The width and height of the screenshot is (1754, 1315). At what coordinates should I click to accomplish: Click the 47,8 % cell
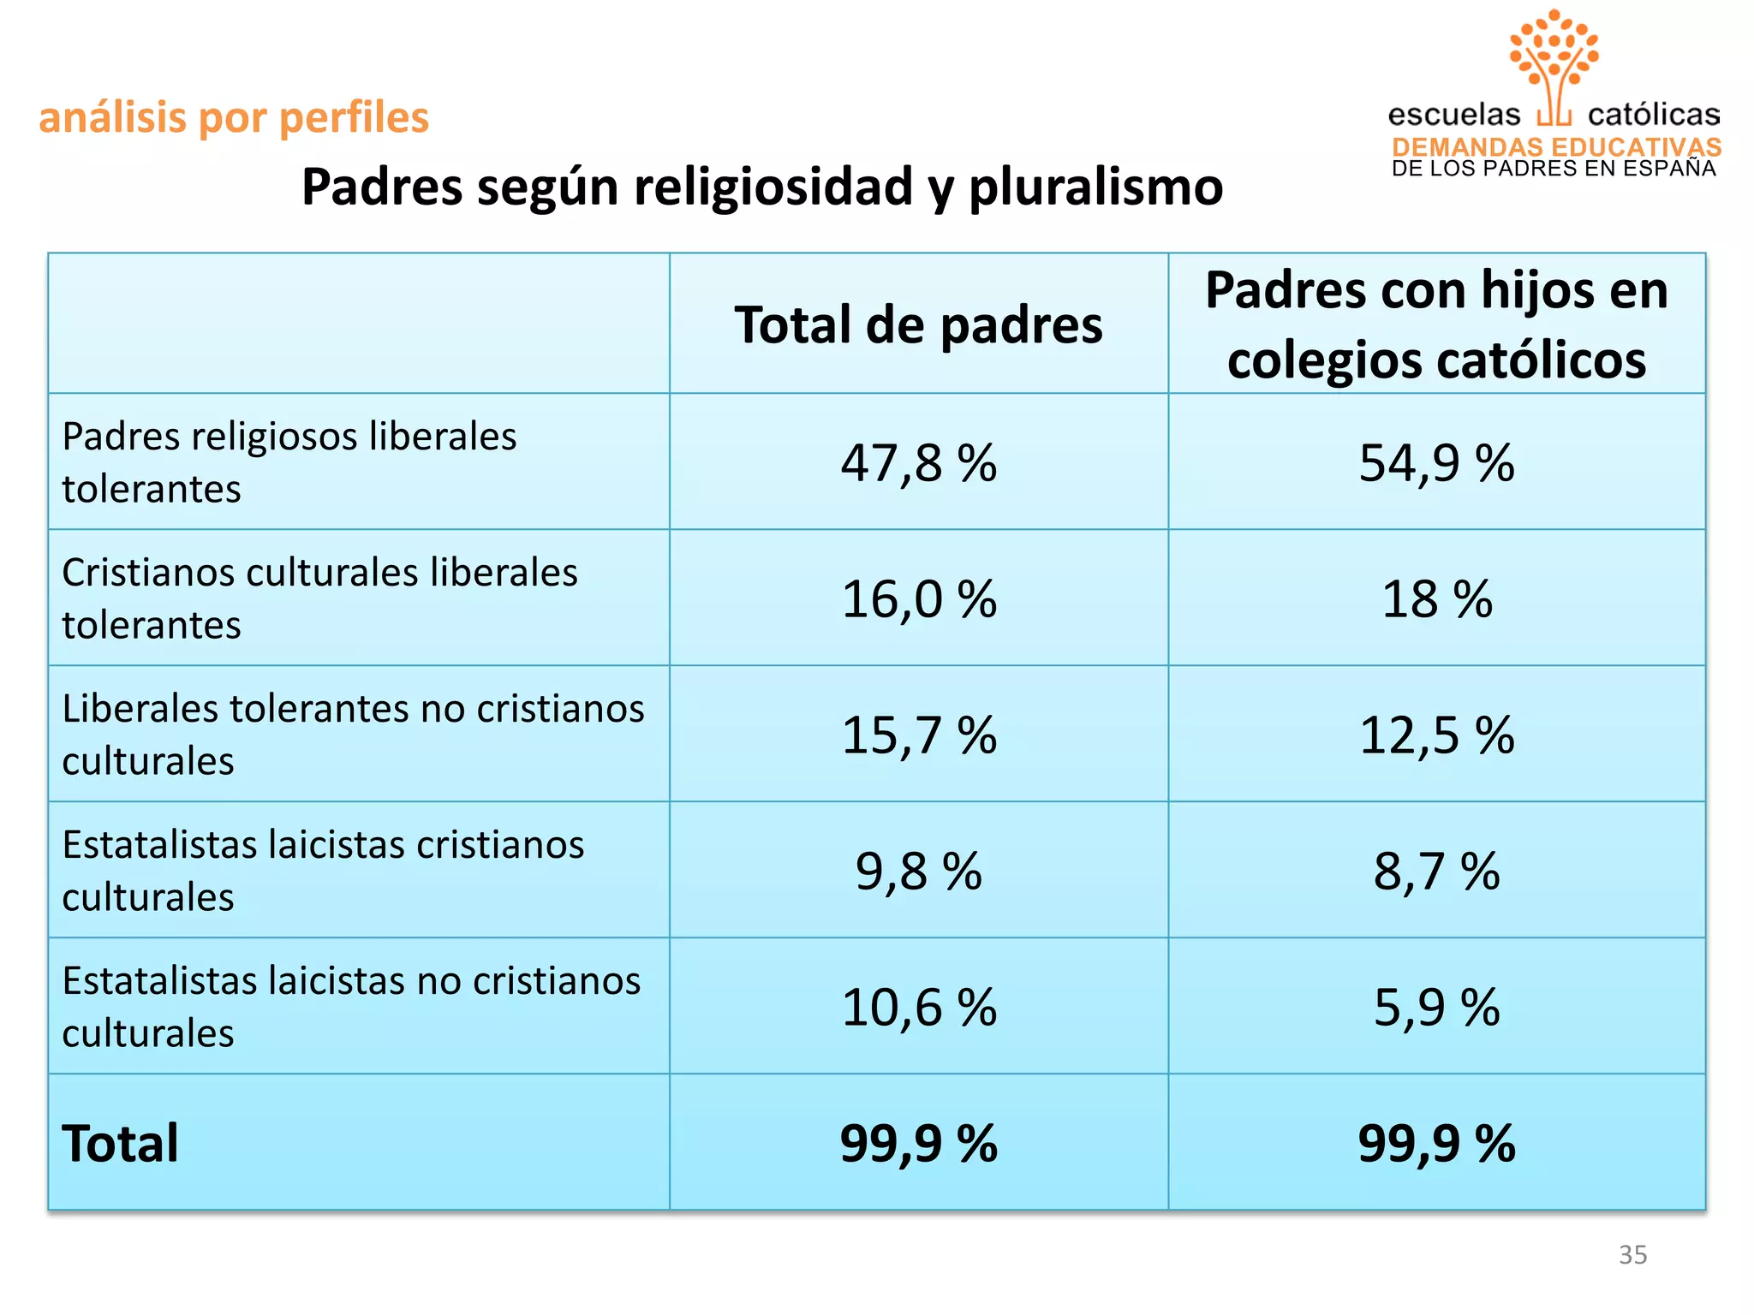pyautogui.click(x=918, y=463)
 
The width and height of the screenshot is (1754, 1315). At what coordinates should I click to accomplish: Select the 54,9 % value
pyautogui.click(x=1436, y=463)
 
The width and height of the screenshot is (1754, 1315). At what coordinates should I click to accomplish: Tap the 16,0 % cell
pyautogui.click(x=918, y=598)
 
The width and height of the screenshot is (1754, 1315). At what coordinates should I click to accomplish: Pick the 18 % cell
pyautogui.click(x=1436, y=598)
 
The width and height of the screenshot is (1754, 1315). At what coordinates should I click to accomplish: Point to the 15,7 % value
pyautogui.click(x=918, y=735)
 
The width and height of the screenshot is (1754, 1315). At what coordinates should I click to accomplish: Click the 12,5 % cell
pyautogui.click(x=1436, y=735)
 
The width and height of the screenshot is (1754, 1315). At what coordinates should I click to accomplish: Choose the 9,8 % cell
pyautogui.click(x=918, y=871)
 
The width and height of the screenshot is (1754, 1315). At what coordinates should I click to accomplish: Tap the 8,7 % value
pyautogui.click(x=1436, y=871)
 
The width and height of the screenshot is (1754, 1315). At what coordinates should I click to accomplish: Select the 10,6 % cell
pyautogui.click(x=918, y=1007)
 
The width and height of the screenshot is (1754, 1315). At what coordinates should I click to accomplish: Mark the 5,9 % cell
pyautogui.click(x=1436, y=1007)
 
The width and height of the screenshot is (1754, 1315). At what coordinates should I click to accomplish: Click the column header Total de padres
pyautogui.click(x=918, y=325)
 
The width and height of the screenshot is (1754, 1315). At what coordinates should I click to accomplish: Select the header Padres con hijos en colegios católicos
pyautogui.click(x=1436, y=324)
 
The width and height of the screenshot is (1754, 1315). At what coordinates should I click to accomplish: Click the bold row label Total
pyautogui.click(x=120, y=1143)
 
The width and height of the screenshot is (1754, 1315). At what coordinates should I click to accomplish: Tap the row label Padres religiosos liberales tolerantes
pyautogui.click(x=289, y=462)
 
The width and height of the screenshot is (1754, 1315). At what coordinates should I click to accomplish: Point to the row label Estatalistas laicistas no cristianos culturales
pyautogui.click(x=351, y=1007)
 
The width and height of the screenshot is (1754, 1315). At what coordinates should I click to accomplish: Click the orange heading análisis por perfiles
pyautogui.click(x=234, y=117)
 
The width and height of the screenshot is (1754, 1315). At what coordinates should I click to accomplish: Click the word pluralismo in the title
pyautogui.click(x=1095, y=187)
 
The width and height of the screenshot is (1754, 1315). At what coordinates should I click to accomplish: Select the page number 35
pyautogui.click(x=1632, y=1254)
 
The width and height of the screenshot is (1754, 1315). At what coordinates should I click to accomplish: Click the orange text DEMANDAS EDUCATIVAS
pyautogui.click(x=1556, y=146)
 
